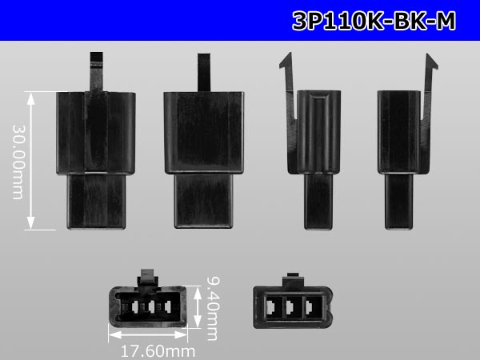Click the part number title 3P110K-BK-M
(x=374, y=21)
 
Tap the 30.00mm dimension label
(x=18, y=162)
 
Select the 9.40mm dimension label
(x=213, y=309)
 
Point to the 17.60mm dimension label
(x=158, y=351)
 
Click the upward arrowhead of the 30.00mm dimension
(x=30, y=98)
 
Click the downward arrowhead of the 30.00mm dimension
(x=30, y=223)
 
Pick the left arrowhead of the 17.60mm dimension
(x=114, y=334)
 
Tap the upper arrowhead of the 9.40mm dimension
(x=198, y=292)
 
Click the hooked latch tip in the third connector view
(x=286, y=62)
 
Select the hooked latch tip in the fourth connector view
(x=432, y=62)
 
